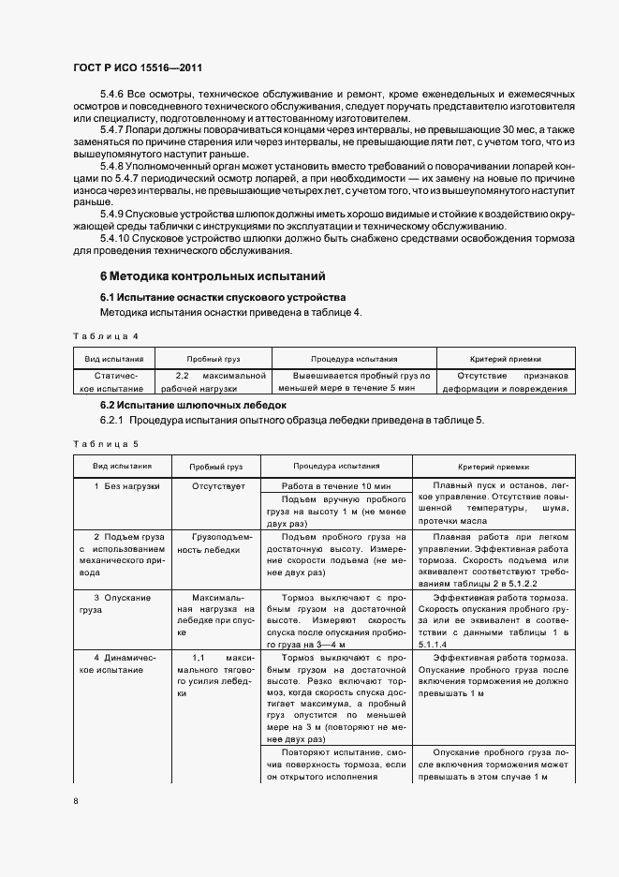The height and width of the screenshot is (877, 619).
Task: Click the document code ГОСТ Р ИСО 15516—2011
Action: coord(138,68)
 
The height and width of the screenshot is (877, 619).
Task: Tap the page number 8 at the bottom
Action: coord(76,800)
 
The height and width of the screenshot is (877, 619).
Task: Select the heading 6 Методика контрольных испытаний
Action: coord(213,276)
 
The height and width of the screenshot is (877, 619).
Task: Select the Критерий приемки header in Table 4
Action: coord(505,359)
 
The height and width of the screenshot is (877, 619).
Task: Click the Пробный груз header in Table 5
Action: coord(216,466)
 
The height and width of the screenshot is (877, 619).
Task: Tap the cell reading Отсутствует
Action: coord(218,486)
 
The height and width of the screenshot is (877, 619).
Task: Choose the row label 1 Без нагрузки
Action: coord(126,486)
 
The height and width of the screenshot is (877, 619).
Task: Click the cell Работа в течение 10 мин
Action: coord(336,486)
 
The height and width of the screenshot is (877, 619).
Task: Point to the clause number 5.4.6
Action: coord(112,95)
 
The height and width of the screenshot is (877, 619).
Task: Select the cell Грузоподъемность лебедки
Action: coord(216,543)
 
